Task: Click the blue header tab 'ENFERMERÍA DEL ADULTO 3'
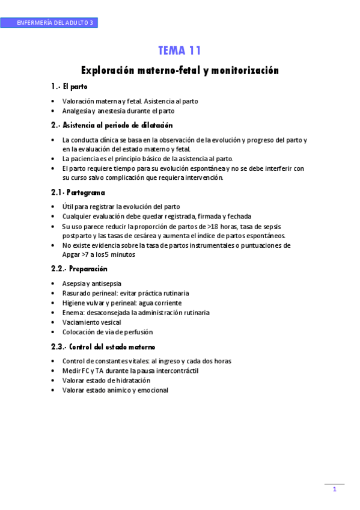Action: pos(49,23)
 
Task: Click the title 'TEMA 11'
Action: pos(180,51)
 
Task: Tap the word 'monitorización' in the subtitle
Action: pos(247,70)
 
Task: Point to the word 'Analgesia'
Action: pos(76,111)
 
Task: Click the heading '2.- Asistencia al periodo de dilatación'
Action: pos(112,125)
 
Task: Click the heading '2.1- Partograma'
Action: pos(78,192)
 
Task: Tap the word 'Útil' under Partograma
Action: pos(69,206)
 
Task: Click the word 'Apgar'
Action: pos(72,254)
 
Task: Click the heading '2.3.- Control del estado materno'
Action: pos(103,347)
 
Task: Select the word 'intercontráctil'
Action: pos(177,370)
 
